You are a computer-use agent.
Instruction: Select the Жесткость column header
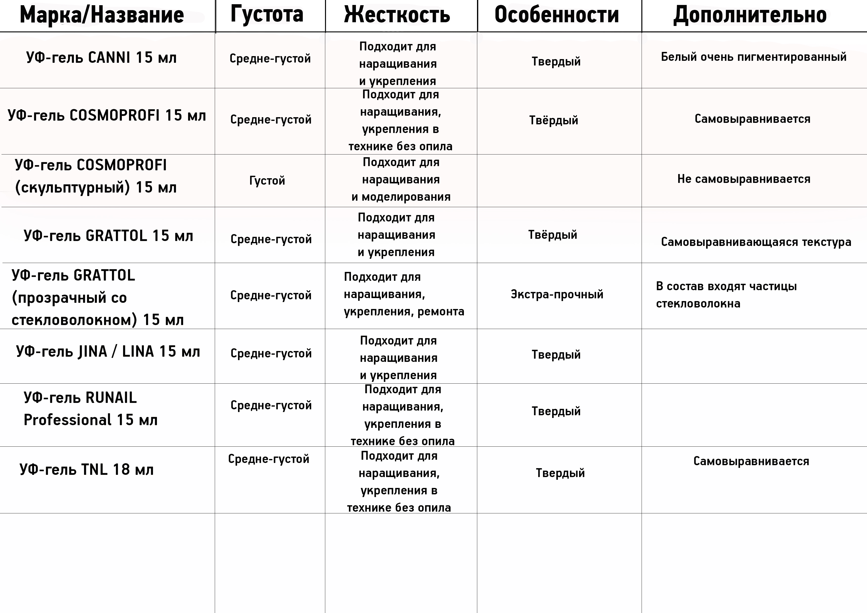tap(397, 15)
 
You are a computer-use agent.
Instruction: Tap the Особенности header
tap(557, 15)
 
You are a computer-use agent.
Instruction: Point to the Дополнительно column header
tap(750, 15)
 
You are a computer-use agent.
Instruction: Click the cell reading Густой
tap(267, 180)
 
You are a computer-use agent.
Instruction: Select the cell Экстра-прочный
tap(557, 294)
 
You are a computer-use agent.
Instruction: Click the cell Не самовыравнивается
tap(743, 179)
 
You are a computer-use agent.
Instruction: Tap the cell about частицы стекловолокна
tap(726, 295)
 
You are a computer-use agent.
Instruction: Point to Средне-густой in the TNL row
tap(268, 459)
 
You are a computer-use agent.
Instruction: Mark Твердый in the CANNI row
tap(556, 62)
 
